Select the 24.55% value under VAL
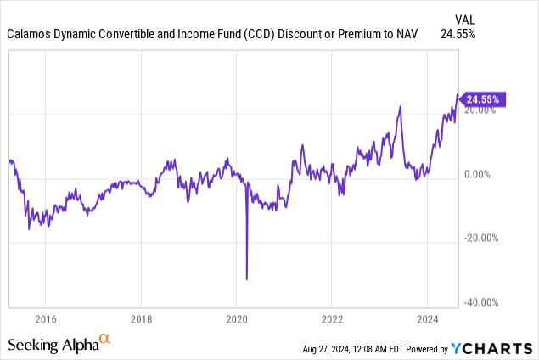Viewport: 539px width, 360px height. [458, 35]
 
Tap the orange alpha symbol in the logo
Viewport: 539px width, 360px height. [105, 340]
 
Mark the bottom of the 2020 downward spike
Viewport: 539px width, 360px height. [246, 278]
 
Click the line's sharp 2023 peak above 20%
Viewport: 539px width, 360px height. [400, 106]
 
